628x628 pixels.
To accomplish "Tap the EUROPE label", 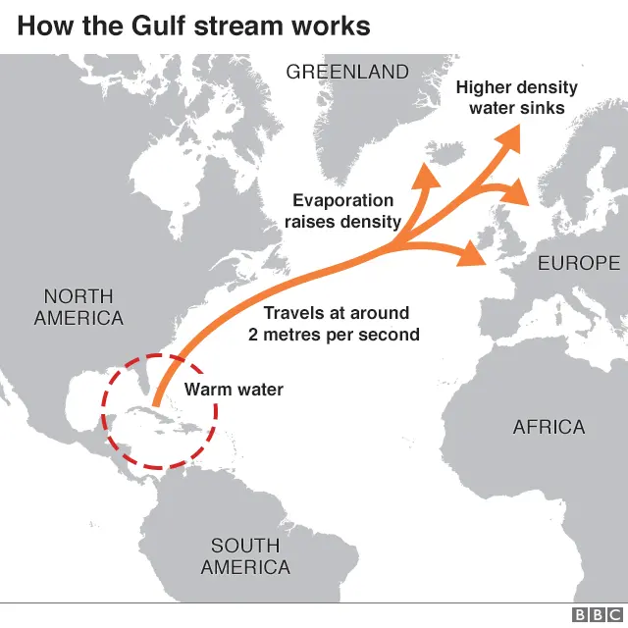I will [x=579, y=263].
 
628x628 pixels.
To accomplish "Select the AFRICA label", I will [x=549, y=427].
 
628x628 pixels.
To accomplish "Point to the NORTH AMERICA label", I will [x=78, y=307].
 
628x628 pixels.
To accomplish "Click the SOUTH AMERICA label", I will [x=245, y=556].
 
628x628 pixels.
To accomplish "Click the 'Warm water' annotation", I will [x=234, y=390].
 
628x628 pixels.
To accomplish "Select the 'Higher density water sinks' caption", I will [x=516, y=97].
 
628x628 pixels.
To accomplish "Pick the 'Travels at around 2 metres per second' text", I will [x=334, y=324].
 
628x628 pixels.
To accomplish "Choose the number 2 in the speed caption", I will [x=253, y=335].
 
